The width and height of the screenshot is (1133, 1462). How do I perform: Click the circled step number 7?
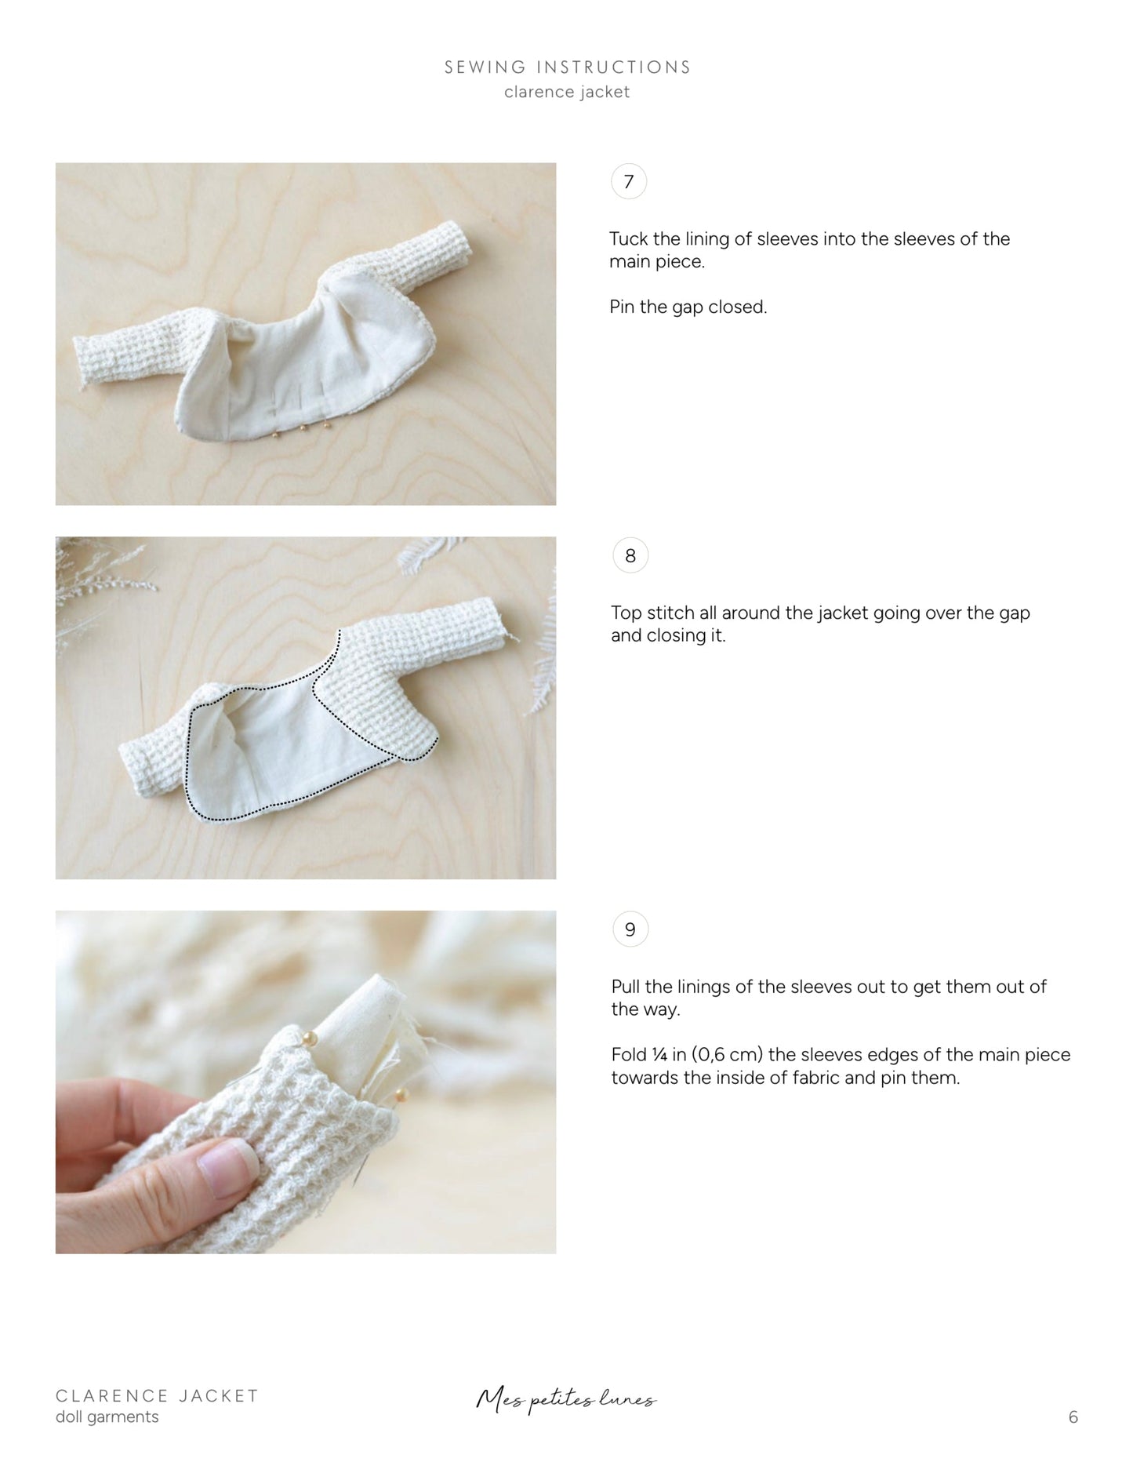pyautogui.click(x=628, y=182)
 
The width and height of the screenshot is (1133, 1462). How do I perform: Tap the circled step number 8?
pyautogui.click(x=630, y=556)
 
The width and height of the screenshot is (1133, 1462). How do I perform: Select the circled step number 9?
pyautogui.click(x=630, y=930)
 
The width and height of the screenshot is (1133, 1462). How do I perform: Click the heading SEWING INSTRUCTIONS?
pyautogui.click(x=567, y=67)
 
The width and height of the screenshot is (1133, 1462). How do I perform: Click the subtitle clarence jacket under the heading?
pyautogui.click(x=567, y=93)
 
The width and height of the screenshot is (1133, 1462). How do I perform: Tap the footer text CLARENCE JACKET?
pyautogui.click(x=157, y=1395)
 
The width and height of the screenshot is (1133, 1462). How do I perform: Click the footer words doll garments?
pyautogui.click(x=107, y=1417)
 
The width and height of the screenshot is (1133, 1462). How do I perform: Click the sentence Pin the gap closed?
pyautogui.click(x=688, y=307)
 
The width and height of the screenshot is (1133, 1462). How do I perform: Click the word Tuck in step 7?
pyautogui.click(x=627, y=238)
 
